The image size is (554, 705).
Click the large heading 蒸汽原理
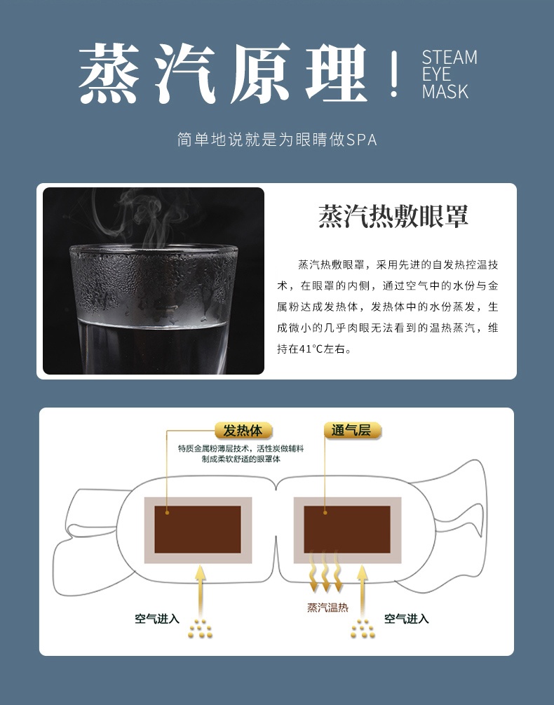point(223,74)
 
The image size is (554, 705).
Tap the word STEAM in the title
point(450,58)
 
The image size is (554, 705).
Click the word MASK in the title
point(445,91)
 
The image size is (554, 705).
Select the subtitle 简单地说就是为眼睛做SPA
point(277,140)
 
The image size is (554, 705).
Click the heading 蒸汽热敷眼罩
point(393,216)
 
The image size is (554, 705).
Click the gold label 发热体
point(243,430)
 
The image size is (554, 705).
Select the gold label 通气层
point(351,430)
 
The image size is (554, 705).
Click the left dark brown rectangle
point(198,529)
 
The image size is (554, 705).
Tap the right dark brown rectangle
point(347,529)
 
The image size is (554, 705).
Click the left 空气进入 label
point(157,619)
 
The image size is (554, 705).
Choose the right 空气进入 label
point(407,619)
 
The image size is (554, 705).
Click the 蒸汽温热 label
point(327,608)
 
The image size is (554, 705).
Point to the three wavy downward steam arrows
point(325,572)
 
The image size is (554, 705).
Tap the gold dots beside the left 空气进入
point(201,629)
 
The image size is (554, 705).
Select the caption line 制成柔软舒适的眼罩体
point(241,459)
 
